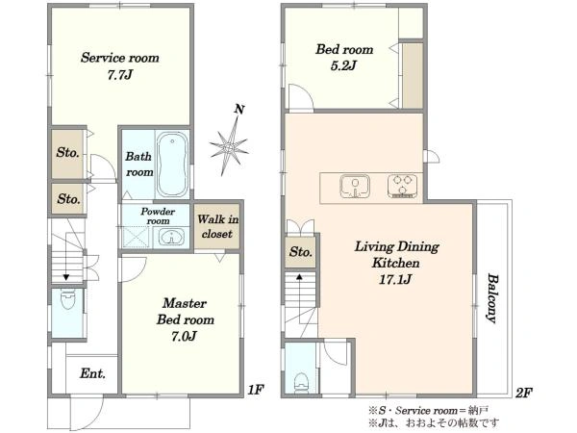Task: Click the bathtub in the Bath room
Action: point(172,165)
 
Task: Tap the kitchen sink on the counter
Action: point(355,187)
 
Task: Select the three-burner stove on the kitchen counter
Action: point(402,187)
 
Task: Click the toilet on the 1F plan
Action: point(67,300)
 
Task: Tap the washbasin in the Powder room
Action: point(171,237)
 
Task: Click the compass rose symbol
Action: point(229,147)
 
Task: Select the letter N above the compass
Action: point(239,110)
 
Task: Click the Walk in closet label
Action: point(217,226)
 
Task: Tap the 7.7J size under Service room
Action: point(119,75)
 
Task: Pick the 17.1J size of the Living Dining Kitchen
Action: point(395,280)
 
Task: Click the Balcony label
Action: point(492,298)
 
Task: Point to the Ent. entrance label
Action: point(92,373)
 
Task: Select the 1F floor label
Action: point(255,390)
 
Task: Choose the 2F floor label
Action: point(524,394)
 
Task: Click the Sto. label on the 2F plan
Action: point(301,252)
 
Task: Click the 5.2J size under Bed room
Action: point(343,65)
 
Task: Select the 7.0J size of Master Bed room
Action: point(184,336)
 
